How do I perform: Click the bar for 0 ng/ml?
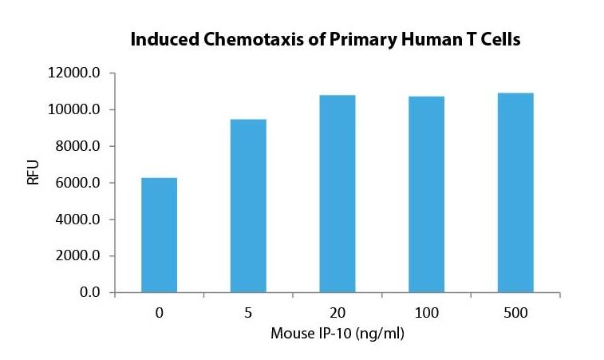pos(159,235)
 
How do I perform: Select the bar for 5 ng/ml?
pos(248,206)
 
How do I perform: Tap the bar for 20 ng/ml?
pos(337,194)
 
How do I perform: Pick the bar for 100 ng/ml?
pos(426,195)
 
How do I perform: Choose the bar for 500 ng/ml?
pos(515,192)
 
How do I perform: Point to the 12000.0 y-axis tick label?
pos(73,73)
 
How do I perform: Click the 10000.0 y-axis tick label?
pos(73,109)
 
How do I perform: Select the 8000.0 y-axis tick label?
pos(77,146)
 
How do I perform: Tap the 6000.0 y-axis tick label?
pos(77,183)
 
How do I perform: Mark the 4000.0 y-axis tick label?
pos(77,220)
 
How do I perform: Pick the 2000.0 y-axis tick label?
pos(77,256)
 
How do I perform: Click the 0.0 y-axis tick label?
pos(89,292)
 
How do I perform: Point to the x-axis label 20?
pos(337,313)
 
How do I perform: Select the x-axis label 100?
pos(426,313)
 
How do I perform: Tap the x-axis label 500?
pos(515,313)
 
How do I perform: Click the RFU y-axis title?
pos(34,172)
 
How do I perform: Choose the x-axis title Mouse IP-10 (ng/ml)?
pos(338,334)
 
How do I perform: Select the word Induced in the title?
pos(165,39)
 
